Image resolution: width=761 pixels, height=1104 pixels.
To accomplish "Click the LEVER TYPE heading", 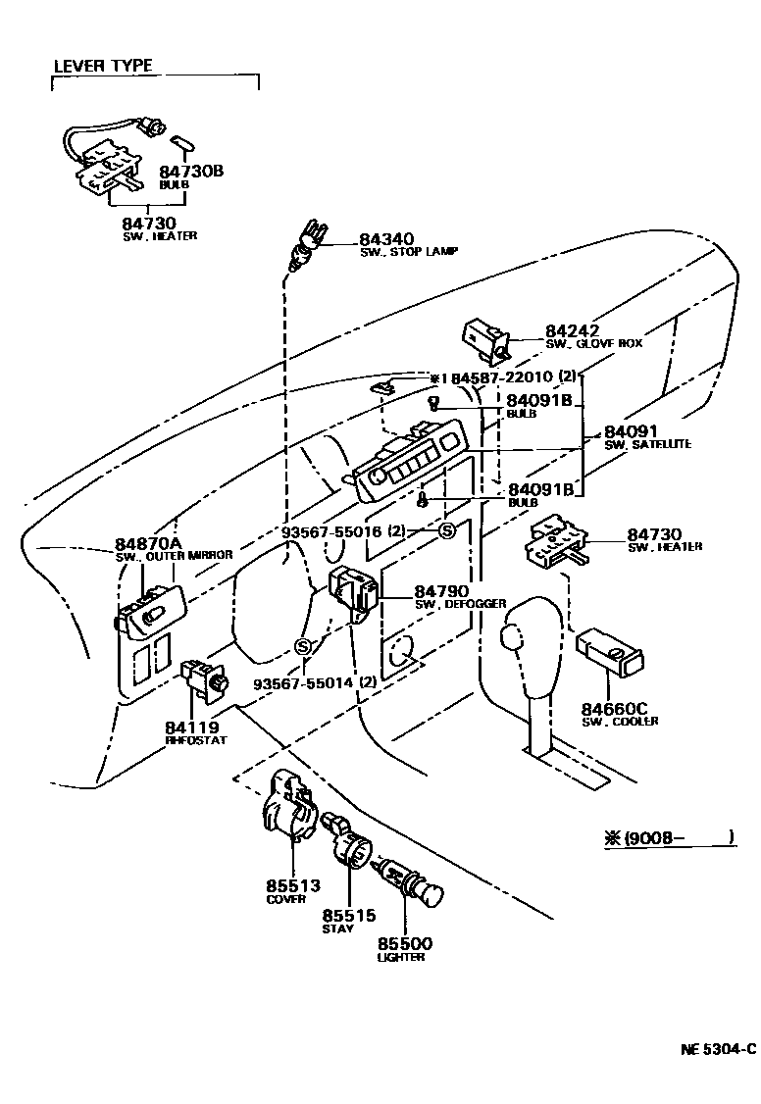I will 102,66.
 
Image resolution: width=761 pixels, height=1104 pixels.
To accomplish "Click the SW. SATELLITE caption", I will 646,445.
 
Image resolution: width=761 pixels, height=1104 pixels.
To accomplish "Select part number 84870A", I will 148,543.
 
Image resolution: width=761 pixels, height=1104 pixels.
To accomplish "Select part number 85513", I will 292,885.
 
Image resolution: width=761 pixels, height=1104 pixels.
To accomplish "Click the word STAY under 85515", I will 339,928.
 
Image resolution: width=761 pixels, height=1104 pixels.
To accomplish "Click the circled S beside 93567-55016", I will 446,531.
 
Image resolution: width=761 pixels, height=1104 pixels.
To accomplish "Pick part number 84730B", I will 191,171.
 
